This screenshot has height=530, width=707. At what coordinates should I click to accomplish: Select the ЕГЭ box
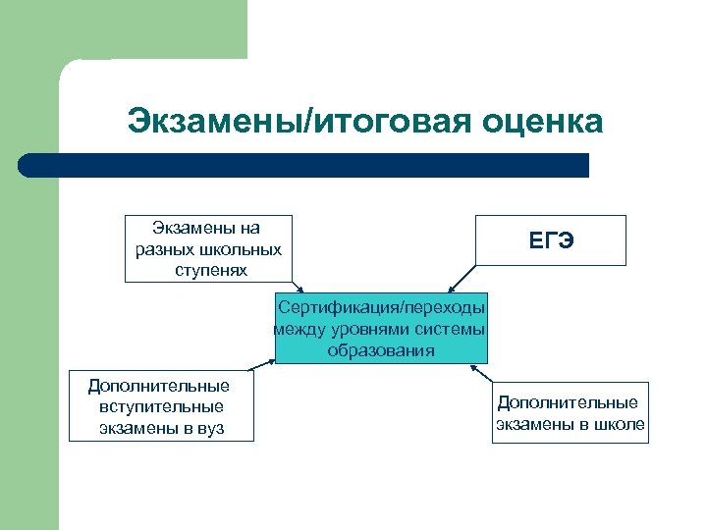click(x=551, y=240)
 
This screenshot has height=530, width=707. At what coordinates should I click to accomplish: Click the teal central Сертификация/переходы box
click(x=380, y=327)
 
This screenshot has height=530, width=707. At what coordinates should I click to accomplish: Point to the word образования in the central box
click(x=381, y=350)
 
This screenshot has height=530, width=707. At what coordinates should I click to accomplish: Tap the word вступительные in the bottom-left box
click(x=161, y=406)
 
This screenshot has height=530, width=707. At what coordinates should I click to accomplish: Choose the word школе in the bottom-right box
click(x=621, y=424)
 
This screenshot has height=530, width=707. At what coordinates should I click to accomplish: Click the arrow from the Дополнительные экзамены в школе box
click(x=481, y=375)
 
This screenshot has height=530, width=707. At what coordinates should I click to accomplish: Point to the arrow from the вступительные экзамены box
click(x=263, y=367)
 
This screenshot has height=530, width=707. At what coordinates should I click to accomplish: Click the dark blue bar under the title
click(x=304, y=165)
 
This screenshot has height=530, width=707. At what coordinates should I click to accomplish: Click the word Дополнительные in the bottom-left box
click(x=159, y=386)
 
